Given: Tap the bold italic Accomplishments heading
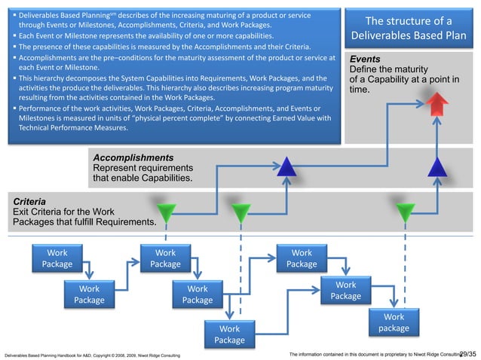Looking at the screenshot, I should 133,157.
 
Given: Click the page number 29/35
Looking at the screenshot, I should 467,352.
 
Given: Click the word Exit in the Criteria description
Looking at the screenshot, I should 23,212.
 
